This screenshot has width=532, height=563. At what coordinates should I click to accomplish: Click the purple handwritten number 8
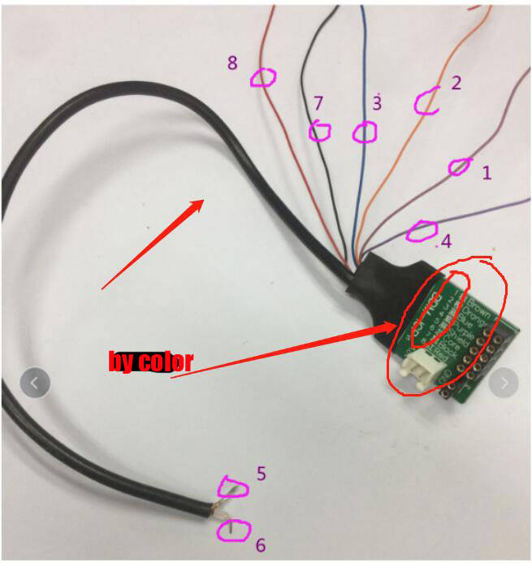(x=232, y=63)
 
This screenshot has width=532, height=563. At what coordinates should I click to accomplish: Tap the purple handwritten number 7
(x=318, y=103)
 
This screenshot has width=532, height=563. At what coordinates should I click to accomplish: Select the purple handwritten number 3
(x=377, y=103)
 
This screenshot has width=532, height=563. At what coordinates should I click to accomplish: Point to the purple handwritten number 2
(x=456, y=82)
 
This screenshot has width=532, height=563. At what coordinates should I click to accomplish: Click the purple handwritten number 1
(x=487, y=172)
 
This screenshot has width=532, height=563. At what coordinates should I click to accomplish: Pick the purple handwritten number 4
(x=446, y=241)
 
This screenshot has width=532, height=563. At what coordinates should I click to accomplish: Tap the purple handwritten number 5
(x=261, y=473)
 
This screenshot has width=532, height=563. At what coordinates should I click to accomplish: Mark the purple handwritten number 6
(x=260, y=545)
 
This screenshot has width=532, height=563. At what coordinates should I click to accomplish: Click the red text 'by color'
(x=150, y=361)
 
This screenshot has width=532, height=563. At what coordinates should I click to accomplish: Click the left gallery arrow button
(x=34, y=381)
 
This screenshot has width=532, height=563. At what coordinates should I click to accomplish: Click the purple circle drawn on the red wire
(x=262, y=77)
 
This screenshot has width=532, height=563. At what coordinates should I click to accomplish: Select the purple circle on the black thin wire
(x=320, y=131)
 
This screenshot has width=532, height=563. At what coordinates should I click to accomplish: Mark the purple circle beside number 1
(x=459, y=167)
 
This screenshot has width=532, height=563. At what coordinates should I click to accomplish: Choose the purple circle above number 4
(x=421, y=230)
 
